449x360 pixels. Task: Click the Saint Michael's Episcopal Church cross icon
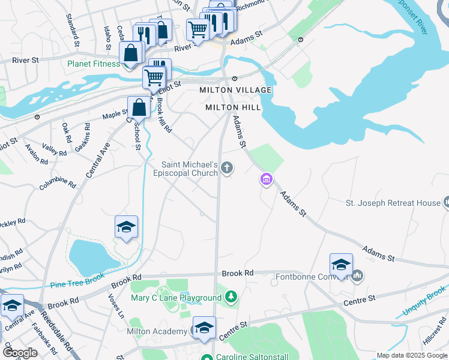click(227, 167)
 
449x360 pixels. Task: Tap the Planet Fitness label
click(93, 64)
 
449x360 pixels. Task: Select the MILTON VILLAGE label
click(235, 90)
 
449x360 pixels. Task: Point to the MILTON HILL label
click(233, 107)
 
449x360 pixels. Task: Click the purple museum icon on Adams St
click(266, 178)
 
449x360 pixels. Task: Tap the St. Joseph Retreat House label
click(393, 203)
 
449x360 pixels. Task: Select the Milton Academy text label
click(157, 332)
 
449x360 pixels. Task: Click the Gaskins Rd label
click(82, 137)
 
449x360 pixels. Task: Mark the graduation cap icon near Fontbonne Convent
click(340, 265)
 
